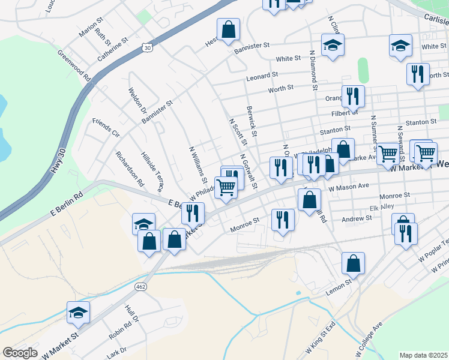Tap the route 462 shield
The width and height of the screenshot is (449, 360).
(140, 287)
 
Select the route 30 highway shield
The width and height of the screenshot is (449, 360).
(147, 46)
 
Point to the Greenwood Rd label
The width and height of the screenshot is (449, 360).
(74, 65)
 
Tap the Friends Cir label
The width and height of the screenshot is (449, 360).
(106, 128)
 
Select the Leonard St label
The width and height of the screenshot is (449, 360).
(262, 76)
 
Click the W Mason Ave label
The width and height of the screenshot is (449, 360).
(349, 187)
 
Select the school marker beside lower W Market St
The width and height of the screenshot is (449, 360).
(78, 311)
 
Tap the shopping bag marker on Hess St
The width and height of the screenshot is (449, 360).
(229, 29)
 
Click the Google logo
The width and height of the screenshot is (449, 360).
(20, 353)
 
